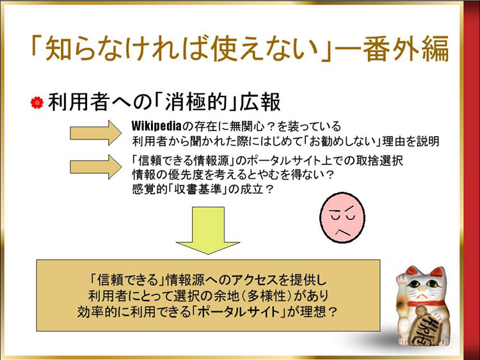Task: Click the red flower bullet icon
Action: [x=37, y=102]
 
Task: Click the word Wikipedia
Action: [x=156, y=126]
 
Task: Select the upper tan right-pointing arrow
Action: [x=96, y=133]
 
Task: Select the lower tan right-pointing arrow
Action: [x=96, y=167]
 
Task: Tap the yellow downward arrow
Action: [x=208, y=230]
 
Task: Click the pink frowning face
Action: [x=342, y=217]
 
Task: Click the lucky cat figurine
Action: [x=422, y=306]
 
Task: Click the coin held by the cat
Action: [x=426, y=325]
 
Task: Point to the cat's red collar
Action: [x=426, y=304]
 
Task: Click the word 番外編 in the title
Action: [x=406, y=49]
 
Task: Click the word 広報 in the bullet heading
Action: [x=260, y=102]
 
